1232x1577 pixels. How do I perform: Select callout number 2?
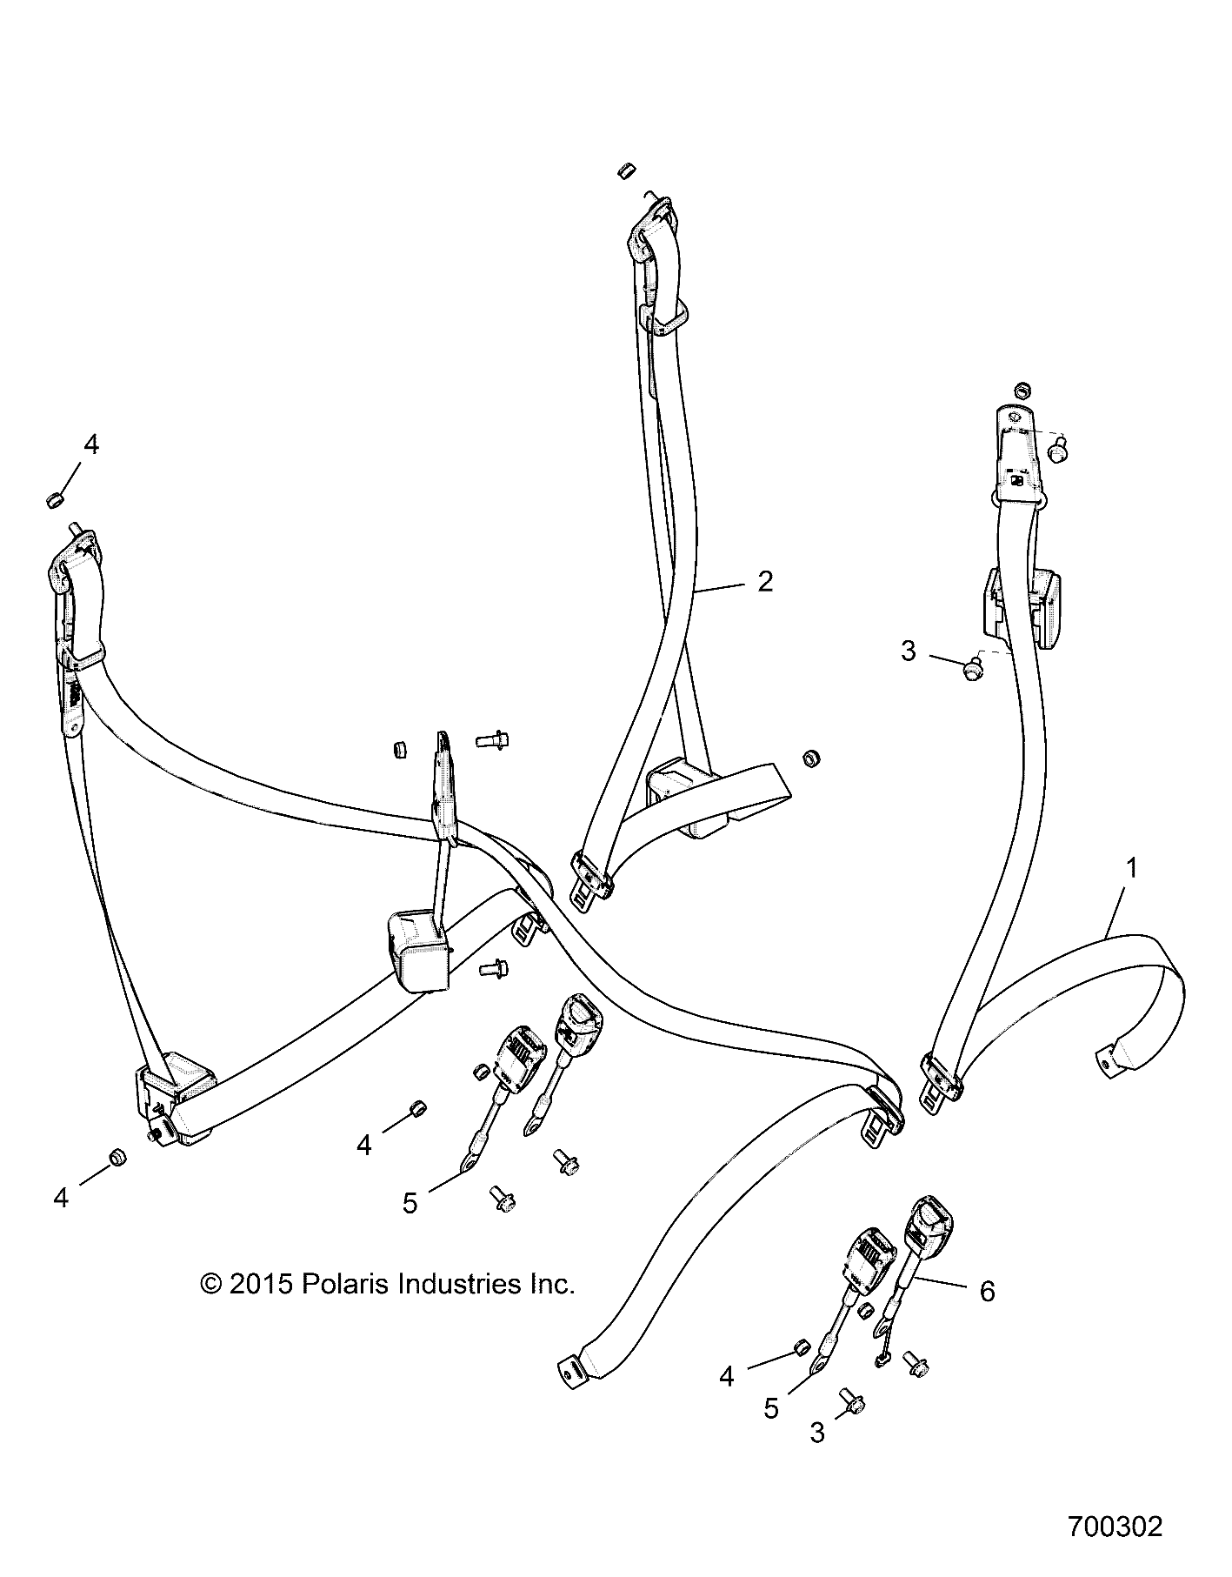pyautogui.click(x=764, y=581)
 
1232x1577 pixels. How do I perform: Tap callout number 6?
pyautogui.click(x=987, y=1292)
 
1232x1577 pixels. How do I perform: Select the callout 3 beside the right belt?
pyautogui.click(x=908, y=651)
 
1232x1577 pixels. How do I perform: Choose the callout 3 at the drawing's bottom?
pyautogui.click(x=816, y=1433)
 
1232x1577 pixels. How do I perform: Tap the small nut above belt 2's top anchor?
pyautogui.click(x=626, y=170)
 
